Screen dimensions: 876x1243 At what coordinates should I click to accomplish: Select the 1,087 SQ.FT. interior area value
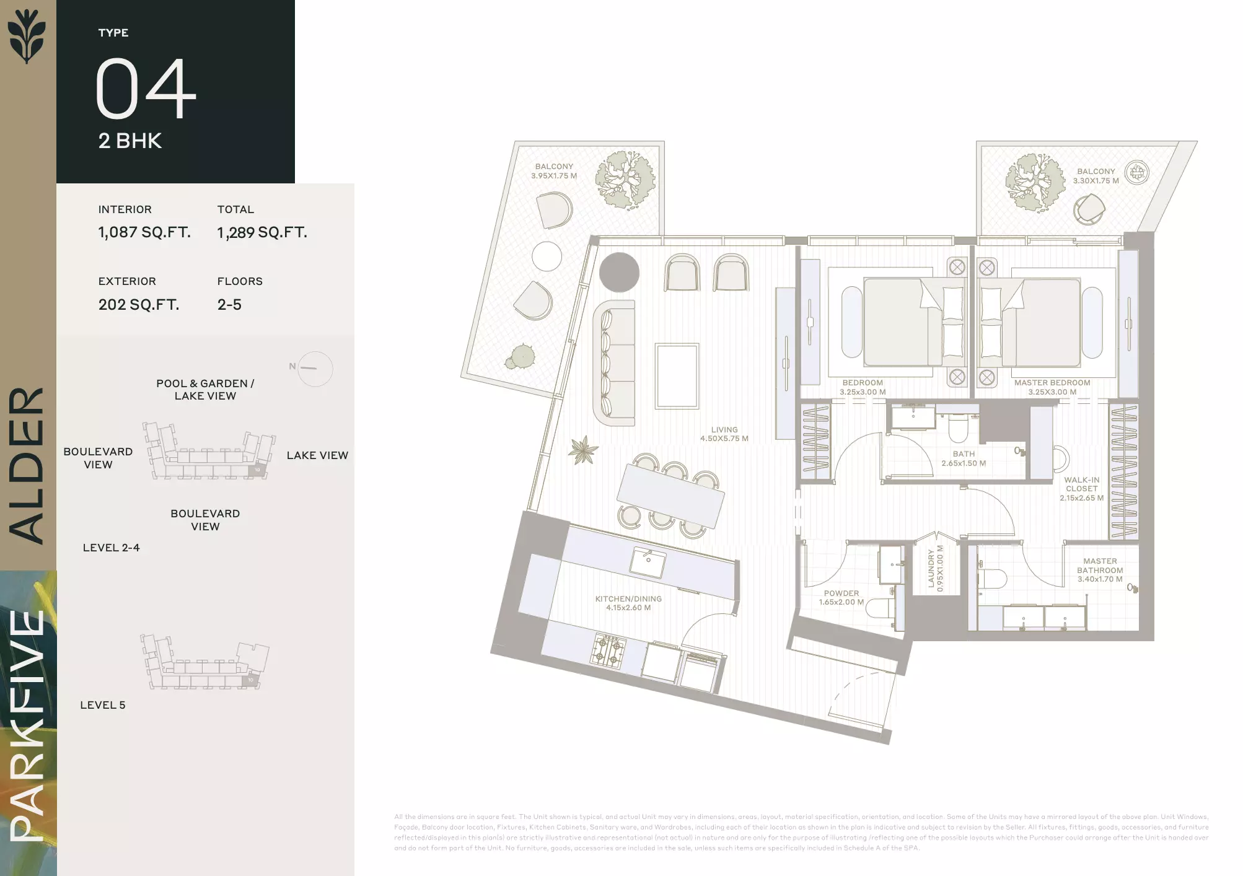click(144, 232)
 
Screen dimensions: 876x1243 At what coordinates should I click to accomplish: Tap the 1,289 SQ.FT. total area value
click(262, 232)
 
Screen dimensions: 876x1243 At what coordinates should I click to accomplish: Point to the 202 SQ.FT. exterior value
click(139, 305)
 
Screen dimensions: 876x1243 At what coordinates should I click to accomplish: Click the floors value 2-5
click(229, 305)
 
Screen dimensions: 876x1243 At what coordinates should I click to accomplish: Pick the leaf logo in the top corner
click(27, 36)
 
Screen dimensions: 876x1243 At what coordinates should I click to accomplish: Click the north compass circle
click(315, 369)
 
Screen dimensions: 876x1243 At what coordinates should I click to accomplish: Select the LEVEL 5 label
click(103, 705)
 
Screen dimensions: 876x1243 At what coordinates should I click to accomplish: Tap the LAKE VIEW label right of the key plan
click(317, 455)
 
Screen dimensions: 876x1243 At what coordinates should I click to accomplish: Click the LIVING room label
click(724, 430)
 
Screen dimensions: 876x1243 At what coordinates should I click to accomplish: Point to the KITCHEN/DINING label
click(628, 599)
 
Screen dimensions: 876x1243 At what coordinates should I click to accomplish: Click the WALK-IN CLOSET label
click(1082, 484)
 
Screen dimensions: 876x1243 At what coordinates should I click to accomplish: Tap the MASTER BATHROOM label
click(1100, 566)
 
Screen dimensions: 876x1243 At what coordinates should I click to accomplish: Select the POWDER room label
click(841, 593)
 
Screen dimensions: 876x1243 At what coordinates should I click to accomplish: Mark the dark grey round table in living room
click(619, 273)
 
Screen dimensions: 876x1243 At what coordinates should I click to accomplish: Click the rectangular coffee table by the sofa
click(677, 376)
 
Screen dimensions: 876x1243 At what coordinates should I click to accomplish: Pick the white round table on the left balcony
click(547, 256)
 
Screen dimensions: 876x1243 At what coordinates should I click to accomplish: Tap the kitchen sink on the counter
click(648, 562)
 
